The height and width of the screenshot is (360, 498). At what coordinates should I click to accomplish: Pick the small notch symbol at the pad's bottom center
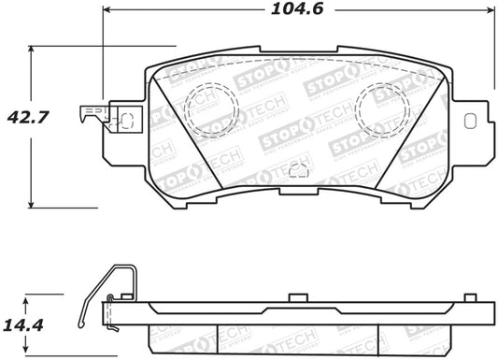tap(298, 170)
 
